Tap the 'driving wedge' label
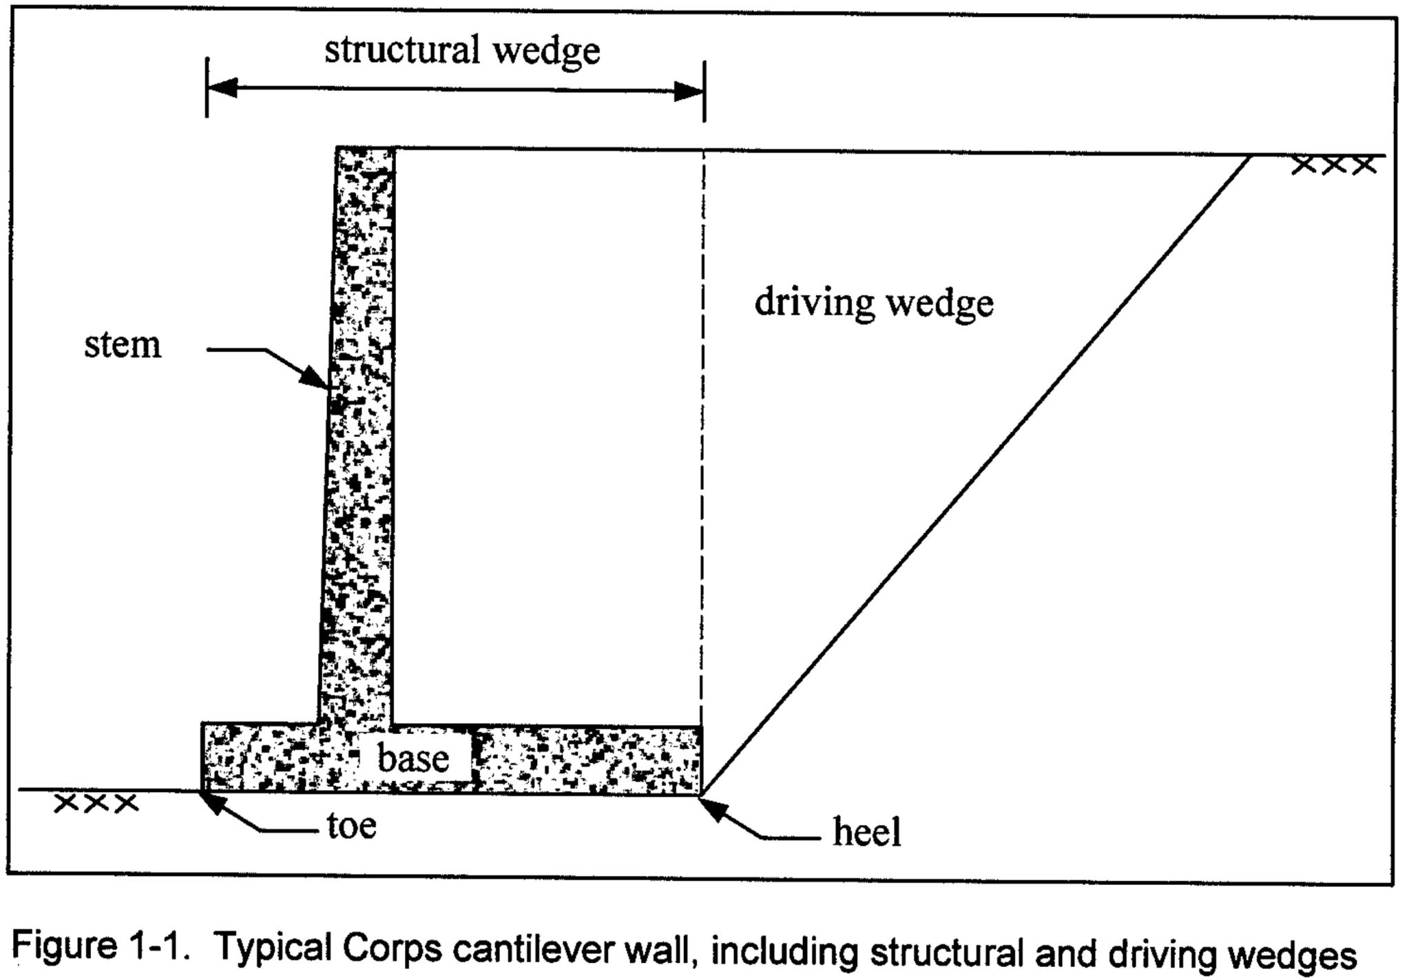pos(873,303)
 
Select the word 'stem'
pos(123,345)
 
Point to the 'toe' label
pos(351,825)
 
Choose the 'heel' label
pos(866,832)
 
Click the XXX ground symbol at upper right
pos(1333,165)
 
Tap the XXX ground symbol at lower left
pos(96,803)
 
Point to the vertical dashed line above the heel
pos(702,441)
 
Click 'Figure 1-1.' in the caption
pos(101,946)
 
